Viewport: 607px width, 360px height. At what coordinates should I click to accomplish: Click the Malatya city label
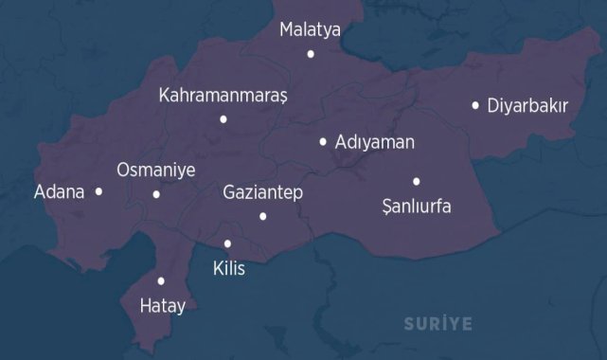tap(310, 30)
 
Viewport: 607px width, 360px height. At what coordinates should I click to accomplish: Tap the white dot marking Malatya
tap(311, 54)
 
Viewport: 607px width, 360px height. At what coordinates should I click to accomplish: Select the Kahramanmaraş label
tap(223, 96)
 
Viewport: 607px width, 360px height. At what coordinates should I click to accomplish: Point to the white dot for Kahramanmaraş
tap(223, 119)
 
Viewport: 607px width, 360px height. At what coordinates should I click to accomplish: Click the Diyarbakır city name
tap(527, 105)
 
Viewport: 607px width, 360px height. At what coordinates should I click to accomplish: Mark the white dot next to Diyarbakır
tap(475, 105)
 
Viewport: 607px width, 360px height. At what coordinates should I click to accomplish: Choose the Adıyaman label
tap(375, 143)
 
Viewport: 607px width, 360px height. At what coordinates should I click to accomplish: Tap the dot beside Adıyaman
tap(323, 142)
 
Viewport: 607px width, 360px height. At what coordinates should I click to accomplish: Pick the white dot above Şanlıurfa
tap(416, 181)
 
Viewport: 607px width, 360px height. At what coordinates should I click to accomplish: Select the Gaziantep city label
tap(262, 192)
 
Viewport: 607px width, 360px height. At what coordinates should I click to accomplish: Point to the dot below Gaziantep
tap(262, 217)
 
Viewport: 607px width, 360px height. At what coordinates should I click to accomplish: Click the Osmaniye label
tap(155, 171)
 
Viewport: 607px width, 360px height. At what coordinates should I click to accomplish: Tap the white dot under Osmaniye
tap(156, 195)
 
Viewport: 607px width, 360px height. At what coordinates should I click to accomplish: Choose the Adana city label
tap(60, 192)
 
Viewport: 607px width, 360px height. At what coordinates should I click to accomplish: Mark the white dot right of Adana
tap(98, 191)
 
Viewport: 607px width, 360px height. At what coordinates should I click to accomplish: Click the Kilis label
tap(229, 268)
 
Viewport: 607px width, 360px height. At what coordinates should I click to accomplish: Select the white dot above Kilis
tap(227, 243)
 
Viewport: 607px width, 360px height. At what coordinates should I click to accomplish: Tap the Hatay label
tap(162, 306)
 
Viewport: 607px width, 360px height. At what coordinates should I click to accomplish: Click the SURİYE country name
tap(437, 324)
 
